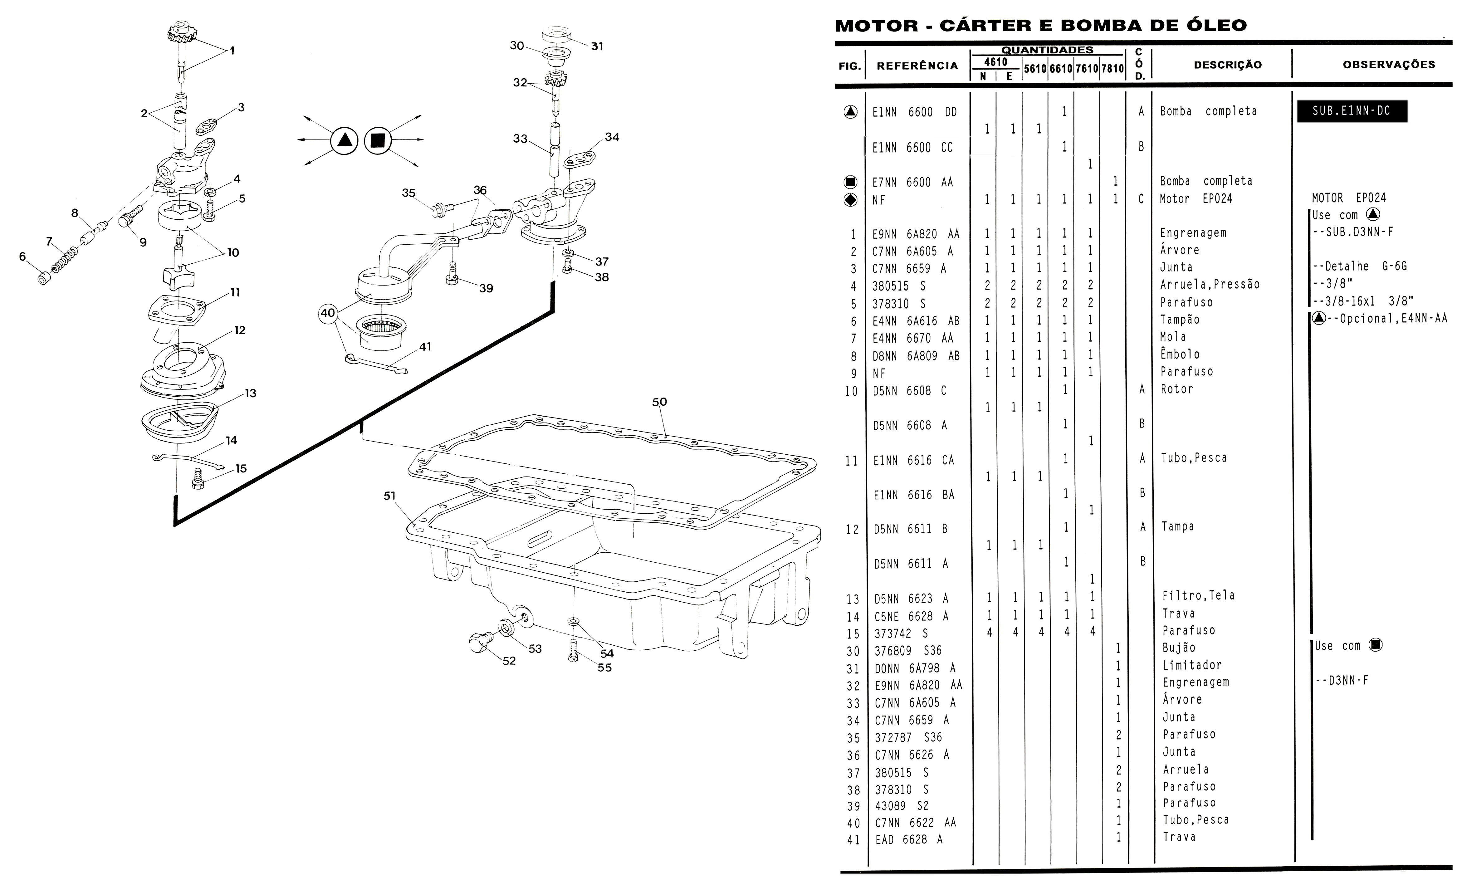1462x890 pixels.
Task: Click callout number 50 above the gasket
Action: (659, 402)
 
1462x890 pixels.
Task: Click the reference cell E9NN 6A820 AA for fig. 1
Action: (916, 234)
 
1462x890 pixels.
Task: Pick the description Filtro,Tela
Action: (1198, 595)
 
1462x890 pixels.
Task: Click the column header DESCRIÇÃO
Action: (1228, 65)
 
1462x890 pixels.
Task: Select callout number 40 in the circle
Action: (328, 313)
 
